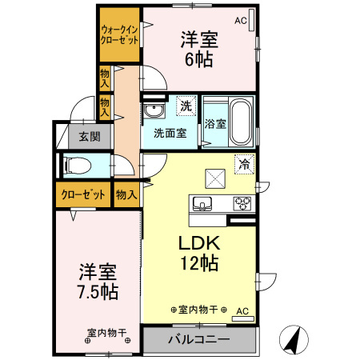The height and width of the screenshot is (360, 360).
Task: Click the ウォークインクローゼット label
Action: pos(118,34)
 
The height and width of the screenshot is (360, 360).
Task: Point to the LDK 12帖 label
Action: pos(198,253)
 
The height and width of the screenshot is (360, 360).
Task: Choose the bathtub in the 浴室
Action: pos(240,120)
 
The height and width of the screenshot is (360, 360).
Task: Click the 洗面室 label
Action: pos(170,134)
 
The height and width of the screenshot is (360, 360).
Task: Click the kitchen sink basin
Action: pos(203,203)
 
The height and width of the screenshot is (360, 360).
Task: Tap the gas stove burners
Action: pos(242,203)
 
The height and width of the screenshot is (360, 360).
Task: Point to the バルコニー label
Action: pos(198,339)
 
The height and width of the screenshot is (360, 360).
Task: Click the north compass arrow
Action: pos(294,340)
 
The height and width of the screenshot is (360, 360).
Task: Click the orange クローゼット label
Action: pos(82,194)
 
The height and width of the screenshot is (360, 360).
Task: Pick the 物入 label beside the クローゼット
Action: pos(126,194)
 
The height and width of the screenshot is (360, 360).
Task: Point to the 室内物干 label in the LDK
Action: pos(199,310)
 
